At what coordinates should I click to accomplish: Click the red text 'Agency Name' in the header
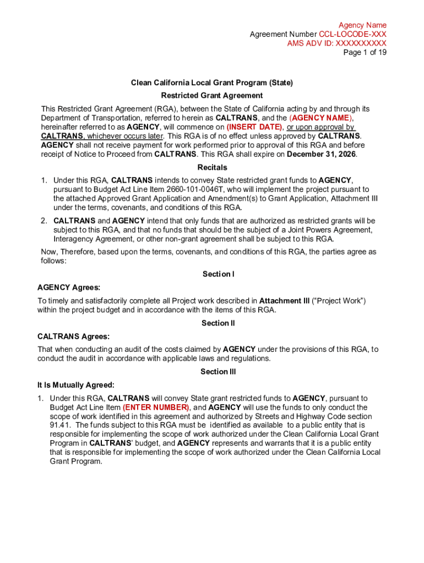click(362, 25)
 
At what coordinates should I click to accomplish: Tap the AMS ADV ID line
click(336, 43)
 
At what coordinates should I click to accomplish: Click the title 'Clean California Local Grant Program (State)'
click(211, 82)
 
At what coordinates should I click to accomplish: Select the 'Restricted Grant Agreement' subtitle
click(211, 95)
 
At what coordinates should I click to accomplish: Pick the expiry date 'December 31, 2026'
click(322, 154)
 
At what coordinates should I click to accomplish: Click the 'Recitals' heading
click(212, 167)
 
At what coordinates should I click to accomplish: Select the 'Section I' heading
click(219, 274)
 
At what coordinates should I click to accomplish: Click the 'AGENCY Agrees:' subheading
click(69, 288)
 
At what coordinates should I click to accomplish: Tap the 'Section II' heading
click(218, 323)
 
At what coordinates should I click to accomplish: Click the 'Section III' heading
click(218, 372)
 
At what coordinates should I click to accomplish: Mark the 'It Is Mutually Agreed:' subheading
click(76, 385)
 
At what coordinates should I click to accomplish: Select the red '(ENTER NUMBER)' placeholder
click(156, 407)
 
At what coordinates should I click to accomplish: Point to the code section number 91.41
click(60, 426)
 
